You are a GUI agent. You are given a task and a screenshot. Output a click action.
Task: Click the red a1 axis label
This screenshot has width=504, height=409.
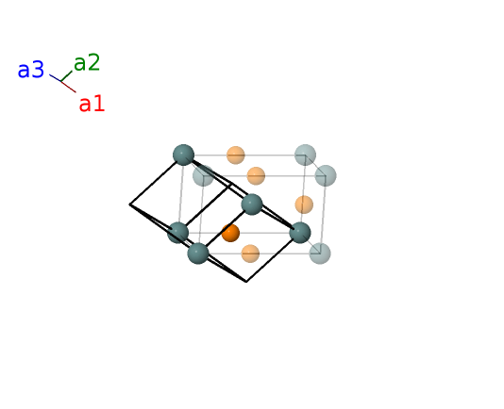(92, 104)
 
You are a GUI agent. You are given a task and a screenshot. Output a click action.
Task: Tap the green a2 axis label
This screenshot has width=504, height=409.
(87, 62)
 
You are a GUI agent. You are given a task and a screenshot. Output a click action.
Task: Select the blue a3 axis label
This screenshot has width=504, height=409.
(31, 70)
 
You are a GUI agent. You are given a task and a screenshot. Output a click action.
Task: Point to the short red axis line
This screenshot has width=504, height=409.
(69, 87)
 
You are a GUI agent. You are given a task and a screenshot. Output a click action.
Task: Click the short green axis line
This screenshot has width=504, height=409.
(66, 76)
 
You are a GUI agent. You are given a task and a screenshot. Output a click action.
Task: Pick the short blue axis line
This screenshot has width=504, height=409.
(55, 77)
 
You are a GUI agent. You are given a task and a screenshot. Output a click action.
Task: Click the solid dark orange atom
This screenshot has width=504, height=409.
(230, 233)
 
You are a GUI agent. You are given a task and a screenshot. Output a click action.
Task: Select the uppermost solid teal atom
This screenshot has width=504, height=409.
(183, 155)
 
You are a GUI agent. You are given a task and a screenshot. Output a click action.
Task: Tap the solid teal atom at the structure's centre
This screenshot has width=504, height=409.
(252, 204)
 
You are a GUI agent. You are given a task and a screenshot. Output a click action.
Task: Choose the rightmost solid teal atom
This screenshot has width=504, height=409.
(300, 233)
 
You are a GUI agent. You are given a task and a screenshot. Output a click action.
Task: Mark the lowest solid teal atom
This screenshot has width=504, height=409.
(198, 254)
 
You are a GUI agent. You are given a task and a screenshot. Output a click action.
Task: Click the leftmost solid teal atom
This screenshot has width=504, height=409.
(177, 233)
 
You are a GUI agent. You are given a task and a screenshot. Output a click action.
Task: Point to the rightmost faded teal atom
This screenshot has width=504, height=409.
(326, 175)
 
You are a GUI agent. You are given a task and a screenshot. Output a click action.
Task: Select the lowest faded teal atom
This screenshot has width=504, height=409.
(320, 254)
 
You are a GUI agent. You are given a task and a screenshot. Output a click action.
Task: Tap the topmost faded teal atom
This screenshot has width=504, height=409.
(306, 155)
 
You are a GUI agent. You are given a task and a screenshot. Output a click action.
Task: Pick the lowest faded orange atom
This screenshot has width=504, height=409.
(250, 254)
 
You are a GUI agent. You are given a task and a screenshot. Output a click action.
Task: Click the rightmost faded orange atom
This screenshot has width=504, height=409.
(304, 204)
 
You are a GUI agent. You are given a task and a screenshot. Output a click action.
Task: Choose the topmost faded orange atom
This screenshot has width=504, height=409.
(236, 155)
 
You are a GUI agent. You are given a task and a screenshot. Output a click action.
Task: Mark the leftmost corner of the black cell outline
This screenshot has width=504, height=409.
(129, 204)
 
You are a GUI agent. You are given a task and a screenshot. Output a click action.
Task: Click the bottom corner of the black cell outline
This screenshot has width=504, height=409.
(246, 282)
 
